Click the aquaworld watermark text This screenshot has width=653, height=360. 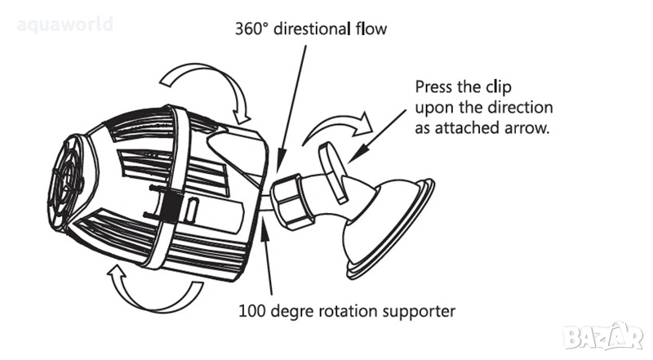click(x=65, y=24)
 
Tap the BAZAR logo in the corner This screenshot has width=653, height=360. click(x=602, y=336)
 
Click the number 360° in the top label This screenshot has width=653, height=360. click(x=251, y=29)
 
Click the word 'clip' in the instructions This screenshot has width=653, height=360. click(x=499, y=87)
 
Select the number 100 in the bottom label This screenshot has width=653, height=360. click(x=251, y=311)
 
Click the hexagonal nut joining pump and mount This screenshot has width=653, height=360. click(x=291, y=200)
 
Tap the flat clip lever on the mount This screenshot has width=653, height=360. click(x=333, y=171)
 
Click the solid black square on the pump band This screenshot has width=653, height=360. click(x=171, y=207)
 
